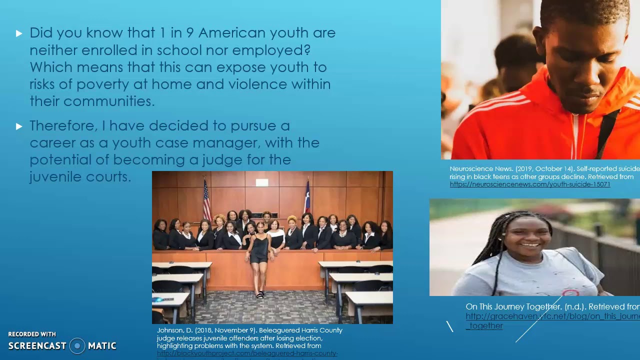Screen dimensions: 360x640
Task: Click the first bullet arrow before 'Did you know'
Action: [x=19, y=33]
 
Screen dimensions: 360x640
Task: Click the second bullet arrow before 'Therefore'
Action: [x=19, y=126]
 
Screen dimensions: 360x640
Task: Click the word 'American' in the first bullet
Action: [x=231, y=33]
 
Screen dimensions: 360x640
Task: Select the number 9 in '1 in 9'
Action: [x=189, y=33]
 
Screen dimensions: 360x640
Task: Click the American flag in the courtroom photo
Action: [x=206, y=200]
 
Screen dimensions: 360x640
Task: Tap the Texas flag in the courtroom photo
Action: [x=307, y=198]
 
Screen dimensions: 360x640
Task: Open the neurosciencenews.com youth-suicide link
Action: [x=529, y=184]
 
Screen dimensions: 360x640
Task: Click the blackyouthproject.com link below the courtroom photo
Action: [x=247, y=353]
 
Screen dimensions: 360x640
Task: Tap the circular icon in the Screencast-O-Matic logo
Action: [x=77, y=345]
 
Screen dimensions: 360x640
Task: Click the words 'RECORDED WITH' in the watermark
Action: [x=32, y=334]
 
